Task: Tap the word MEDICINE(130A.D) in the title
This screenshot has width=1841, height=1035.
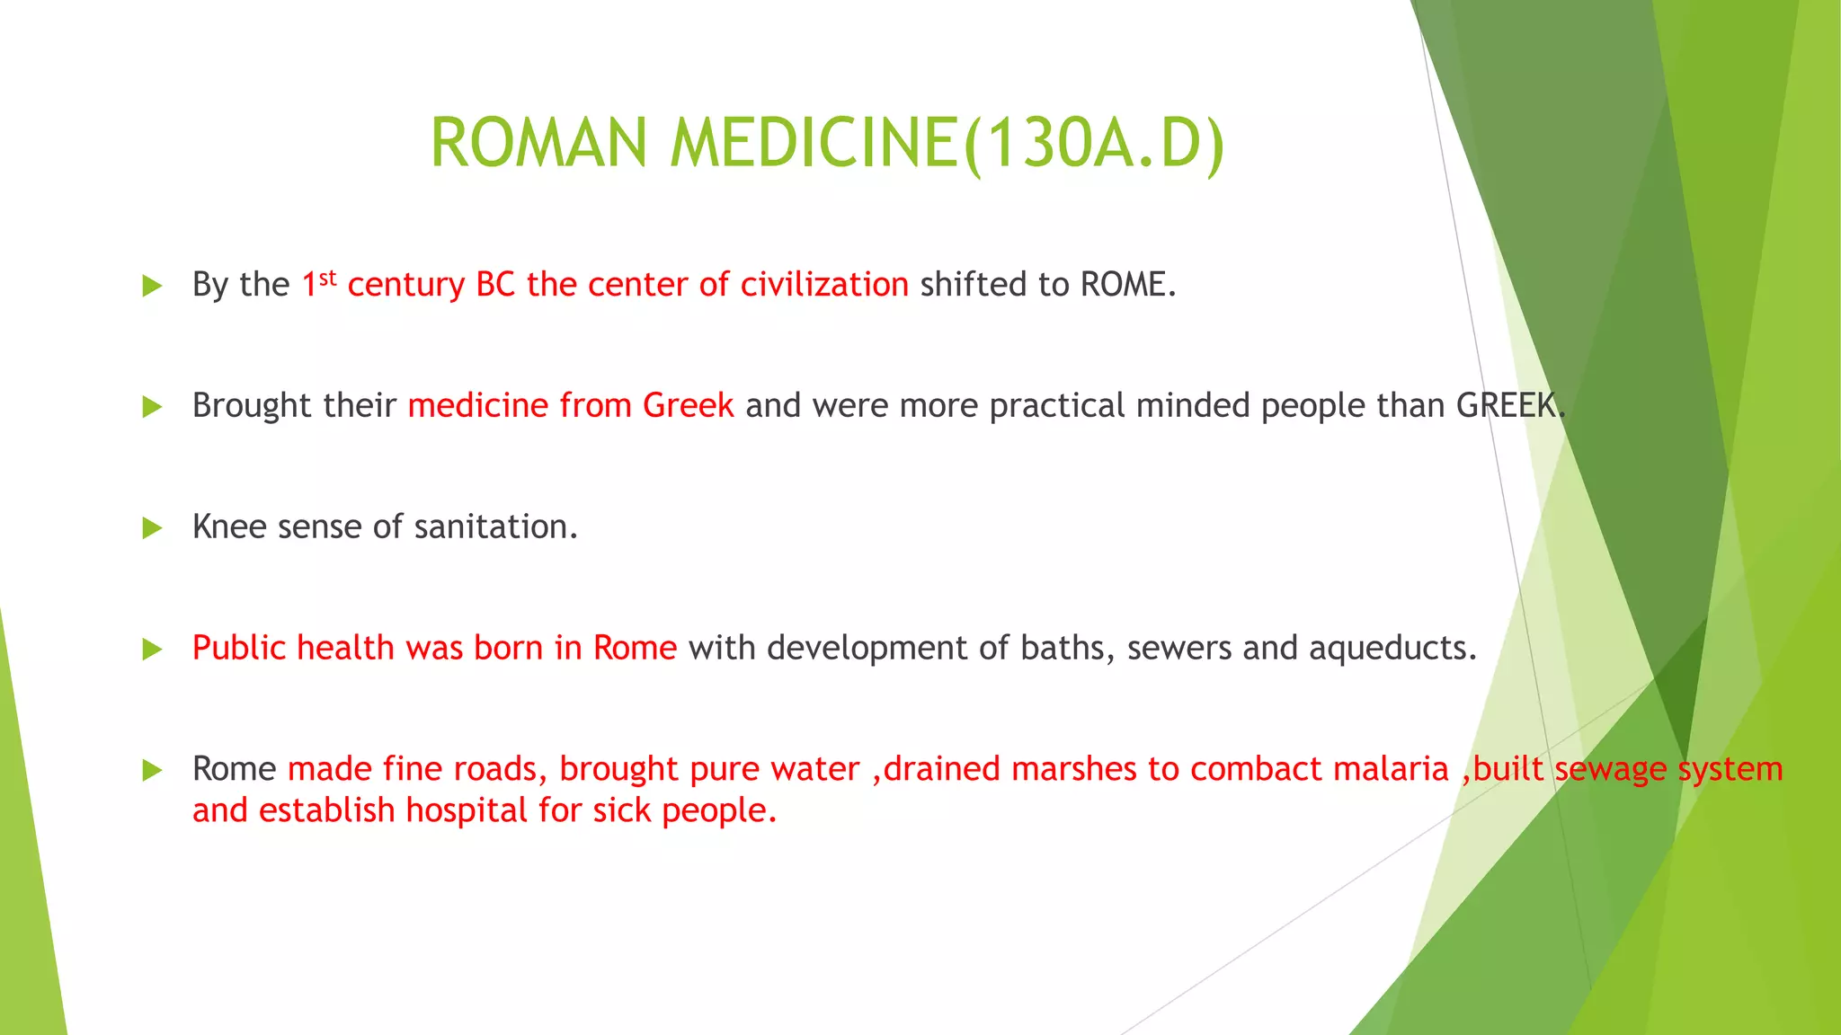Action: [947, 144]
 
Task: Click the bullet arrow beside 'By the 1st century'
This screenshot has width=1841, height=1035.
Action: [152, 287]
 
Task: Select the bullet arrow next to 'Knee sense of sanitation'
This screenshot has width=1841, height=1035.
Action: [152, 528]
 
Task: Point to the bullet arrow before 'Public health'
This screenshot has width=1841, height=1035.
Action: [152, 650]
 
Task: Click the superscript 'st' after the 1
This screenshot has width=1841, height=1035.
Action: [327, 277]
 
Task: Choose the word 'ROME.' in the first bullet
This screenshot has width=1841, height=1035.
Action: [1128, 285]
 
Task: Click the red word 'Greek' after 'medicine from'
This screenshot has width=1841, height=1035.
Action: [688, 406]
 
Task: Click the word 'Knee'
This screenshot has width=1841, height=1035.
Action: [229, 527]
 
